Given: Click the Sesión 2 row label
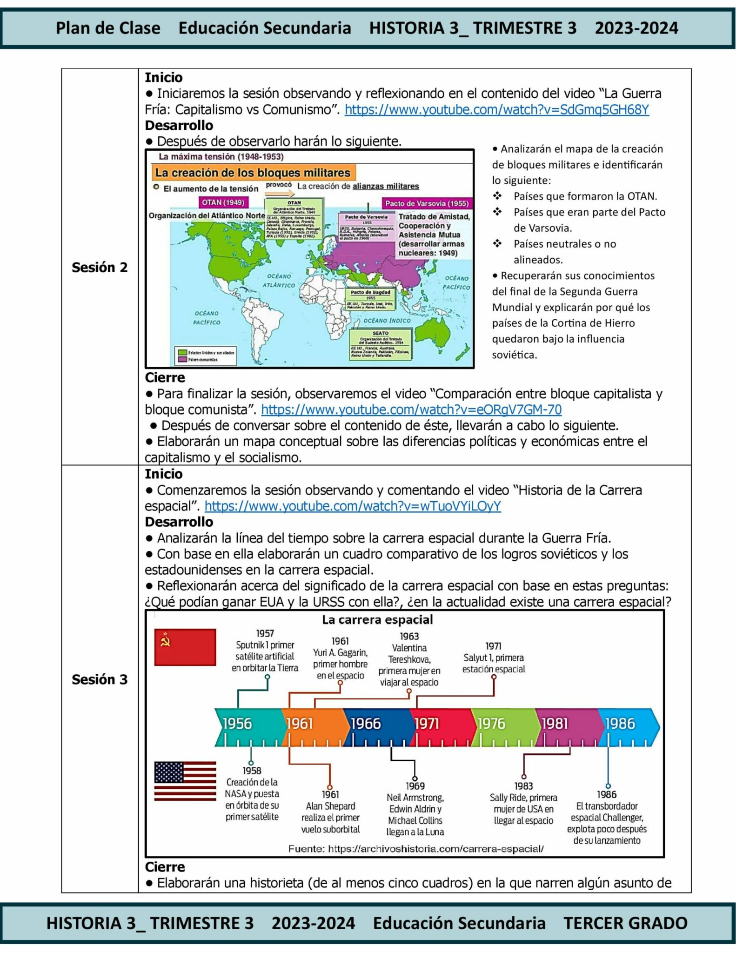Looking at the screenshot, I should (99, 268).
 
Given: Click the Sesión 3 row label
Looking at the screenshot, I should (99, 680).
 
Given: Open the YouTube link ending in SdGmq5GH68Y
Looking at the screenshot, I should (496, 110).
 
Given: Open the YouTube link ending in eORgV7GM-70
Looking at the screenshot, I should (411, 410).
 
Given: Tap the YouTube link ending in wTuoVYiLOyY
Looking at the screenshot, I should (353, 506).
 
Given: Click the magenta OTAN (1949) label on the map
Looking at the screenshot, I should (223, 202).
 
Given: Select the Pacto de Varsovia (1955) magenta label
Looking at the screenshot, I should (426, 203).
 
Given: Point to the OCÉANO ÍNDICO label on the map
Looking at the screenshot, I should (387, 321).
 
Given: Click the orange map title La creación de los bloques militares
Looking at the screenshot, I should (253, 173).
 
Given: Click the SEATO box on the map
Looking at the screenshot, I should (381, 345).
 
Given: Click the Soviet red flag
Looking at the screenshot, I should (185, 647).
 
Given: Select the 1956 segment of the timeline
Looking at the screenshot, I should (247, 724).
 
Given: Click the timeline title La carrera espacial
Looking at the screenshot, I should (377, 620).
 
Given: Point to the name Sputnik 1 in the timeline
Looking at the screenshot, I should (252, 645).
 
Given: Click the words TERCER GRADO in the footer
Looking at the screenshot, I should (625, 923).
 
